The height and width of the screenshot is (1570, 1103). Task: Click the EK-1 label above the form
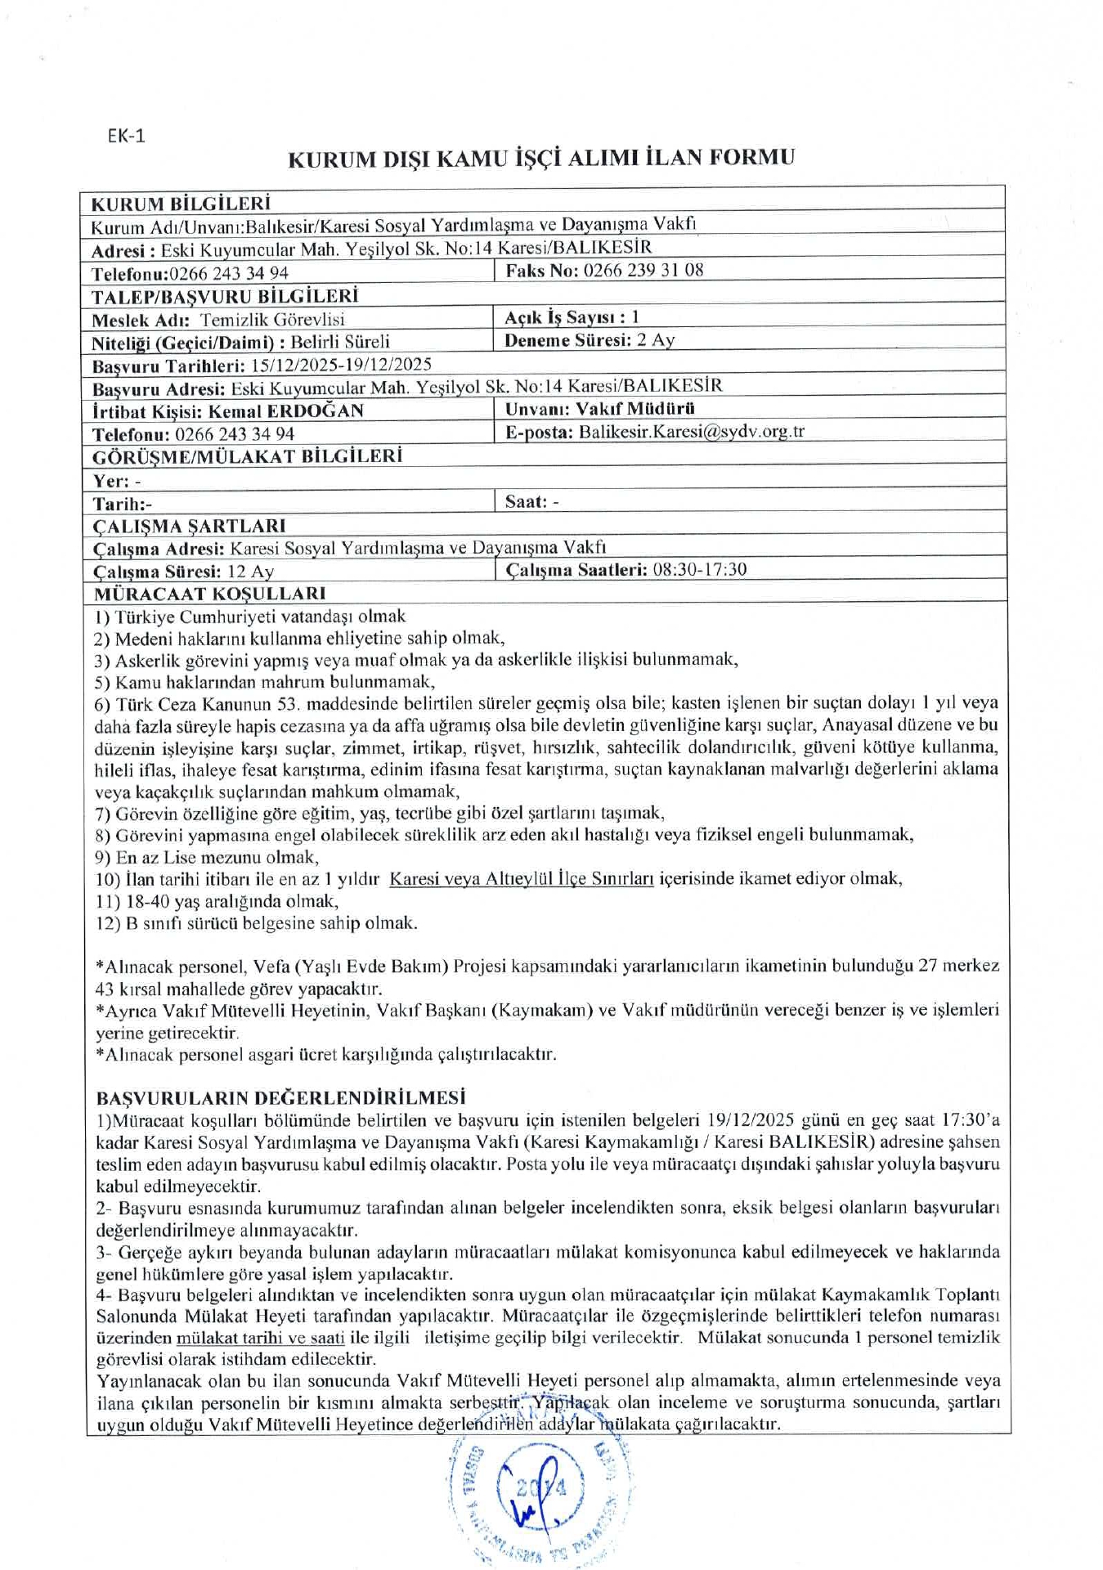click(x=126, y=136)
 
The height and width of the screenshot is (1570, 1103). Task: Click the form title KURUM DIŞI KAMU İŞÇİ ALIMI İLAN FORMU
click(x=541, y=158)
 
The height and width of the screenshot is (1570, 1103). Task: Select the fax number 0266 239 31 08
click(x=643, y=271)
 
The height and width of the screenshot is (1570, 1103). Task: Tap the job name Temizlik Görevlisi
click(x=272, y=320)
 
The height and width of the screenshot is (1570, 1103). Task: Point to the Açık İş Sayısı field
click(x=572, y=317)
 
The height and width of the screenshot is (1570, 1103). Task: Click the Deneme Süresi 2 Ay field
click(x=589, y=340)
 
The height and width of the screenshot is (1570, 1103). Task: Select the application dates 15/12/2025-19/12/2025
click(x=341, y=365)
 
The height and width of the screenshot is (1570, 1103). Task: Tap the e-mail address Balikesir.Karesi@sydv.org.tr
click(x=691, y=432)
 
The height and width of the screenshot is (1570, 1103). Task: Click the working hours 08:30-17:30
click(x=699, y=570)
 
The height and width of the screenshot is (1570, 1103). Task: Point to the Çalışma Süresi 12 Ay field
click(x=183, y=572)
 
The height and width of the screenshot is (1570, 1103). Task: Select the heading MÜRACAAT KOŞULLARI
click(x=209, y=594)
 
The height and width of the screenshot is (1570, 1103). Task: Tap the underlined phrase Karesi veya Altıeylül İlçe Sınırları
click(x=521, y=879)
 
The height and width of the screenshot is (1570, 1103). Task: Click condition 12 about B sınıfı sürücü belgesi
click(x=256, y=924)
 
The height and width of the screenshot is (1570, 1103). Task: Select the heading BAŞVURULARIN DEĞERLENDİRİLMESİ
click(x=280, y=1097)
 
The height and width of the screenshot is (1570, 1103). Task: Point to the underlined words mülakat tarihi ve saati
click(x=260, y=1338)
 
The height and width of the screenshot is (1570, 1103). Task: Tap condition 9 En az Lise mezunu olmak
click(x=207, y=858)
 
